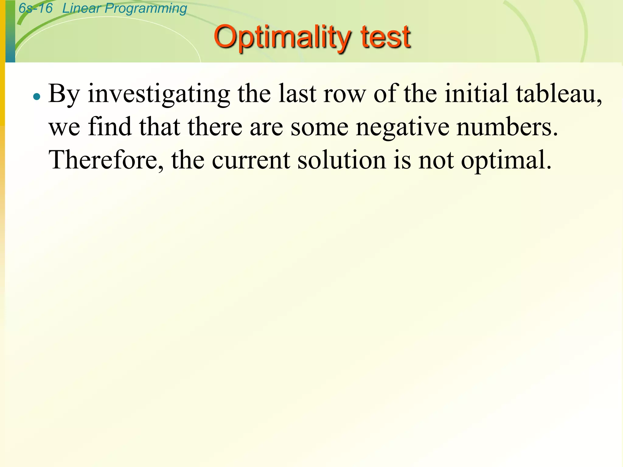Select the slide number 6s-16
coord(36,8)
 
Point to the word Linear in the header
coord(82,8)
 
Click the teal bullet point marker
coord(37,97)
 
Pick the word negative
coord(402,127)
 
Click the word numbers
coord(507,127)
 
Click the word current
coord(251,160)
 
